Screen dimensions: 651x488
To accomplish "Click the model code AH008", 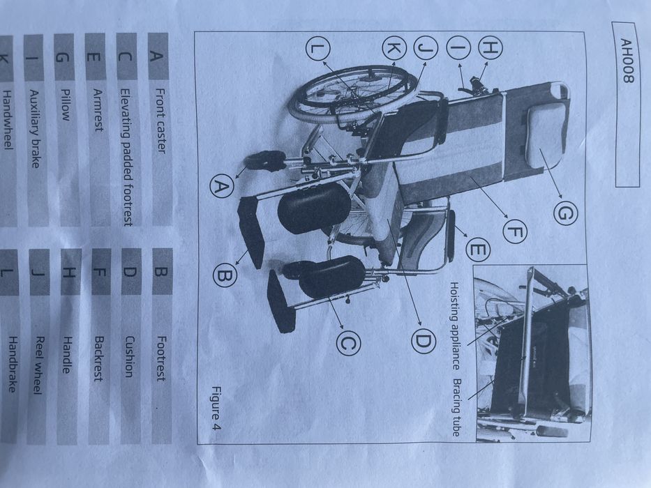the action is [625, 61].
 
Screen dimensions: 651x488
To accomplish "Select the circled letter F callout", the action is [515, 232].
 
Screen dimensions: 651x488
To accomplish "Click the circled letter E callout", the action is [477, 250].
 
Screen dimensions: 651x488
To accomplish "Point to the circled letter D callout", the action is [424, 341].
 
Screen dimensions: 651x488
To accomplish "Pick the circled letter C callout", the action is [348, 343].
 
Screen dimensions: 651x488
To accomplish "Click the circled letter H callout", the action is [491, 47].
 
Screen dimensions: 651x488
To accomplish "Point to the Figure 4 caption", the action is [216, 408].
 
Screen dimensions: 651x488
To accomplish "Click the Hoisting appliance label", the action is [454, 326].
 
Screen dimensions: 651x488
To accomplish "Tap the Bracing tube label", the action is [456, 407].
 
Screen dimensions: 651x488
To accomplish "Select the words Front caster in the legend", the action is [161, 121].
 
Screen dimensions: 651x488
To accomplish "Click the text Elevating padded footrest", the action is [127, 157].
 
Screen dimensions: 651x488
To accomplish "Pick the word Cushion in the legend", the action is [130, 357].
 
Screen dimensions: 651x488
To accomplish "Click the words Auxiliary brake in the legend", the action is [36, 129].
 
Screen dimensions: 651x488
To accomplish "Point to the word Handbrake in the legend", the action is [13, 365].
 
